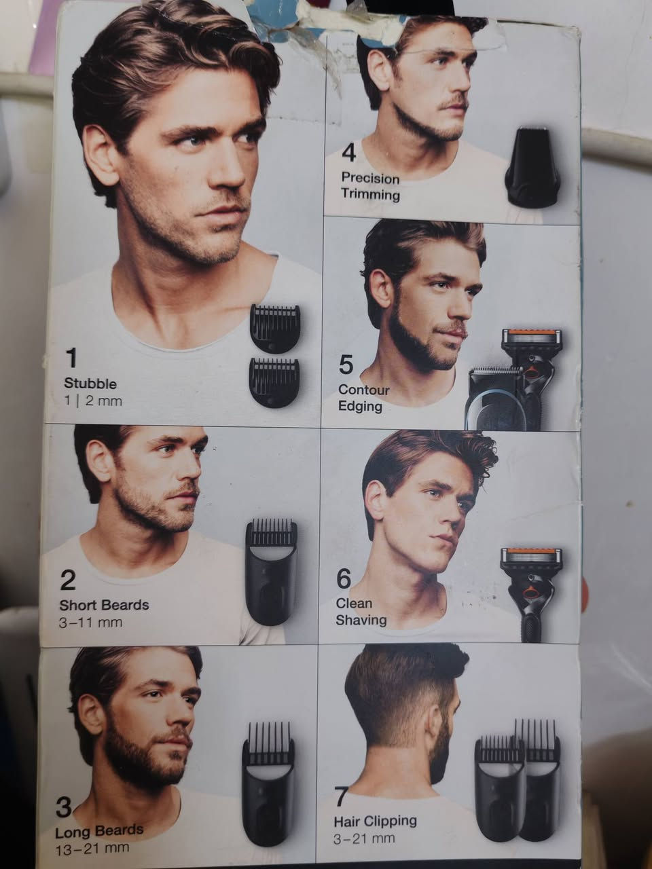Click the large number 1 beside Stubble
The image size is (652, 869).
[72, 358]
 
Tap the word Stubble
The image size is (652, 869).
[90, 384]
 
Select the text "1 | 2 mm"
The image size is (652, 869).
[93, 401]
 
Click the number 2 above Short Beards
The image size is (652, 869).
[68, 580]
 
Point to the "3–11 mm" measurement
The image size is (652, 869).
[90, 623]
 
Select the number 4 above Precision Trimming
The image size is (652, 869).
[349, 153]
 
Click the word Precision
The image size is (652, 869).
[371, 179]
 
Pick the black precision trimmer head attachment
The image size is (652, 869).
[532, 167]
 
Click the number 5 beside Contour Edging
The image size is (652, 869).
[346, 365]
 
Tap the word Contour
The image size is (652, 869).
[364, 390]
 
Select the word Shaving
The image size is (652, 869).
[361, 620]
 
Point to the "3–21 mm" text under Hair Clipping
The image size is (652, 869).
[364, 838]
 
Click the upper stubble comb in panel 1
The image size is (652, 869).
[275, 328]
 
